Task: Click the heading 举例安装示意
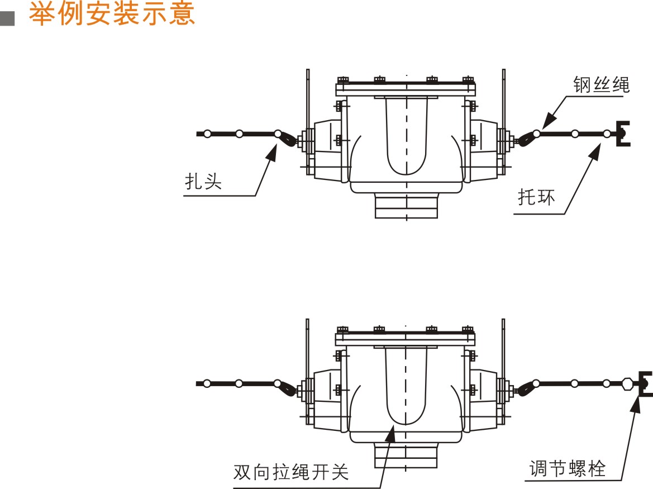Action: pos(112,14)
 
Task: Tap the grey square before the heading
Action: pos(8,18)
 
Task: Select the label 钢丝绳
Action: pos(601,85)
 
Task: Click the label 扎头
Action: pos(203,182)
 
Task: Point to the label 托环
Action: pos(536,197)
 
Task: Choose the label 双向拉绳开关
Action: pos(291,472)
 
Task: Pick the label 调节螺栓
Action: pos(568,468)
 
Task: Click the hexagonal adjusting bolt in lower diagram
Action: pos(629,384)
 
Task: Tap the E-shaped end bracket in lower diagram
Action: pos(645,383)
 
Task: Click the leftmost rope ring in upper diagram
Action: pos(207,134)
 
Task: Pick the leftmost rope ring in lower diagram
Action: pos(207,383)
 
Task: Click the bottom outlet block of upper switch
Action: pos(406,206)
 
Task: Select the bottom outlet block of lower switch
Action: pos(406,455)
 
